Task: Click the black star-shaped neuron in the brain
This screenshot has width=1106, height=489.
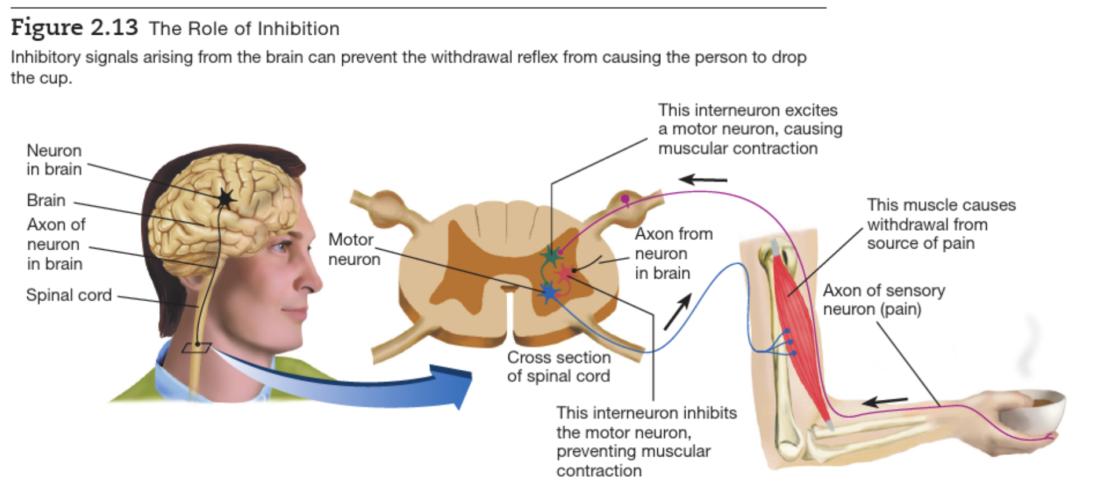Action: point(225,199)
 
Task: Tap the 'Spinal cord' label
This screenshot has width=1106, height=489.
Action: point(69,295)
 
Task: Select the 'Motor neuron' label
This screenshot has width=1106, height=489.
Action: point(354,249)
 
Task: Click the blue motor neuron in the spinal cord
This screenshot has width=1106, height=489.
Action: point(548,293)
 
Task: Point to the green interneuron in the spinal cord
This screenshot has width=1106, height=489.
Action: point(551,255)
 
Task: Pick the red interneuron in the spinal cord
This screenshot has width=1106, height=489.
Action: point(565,272)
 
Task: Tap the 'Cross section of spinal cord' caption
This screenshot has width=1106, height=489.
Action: point(558,367)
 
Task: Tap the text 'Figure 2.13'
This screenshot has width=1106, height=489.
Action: point(74,27)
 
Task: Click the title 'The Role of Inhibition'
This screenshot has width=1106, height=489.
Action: point(244,28)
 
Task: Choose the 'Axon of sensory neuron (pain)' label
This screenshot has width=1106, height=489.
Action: point(884,300)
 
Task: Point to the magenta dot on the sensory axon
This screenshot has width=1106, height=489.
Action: point(625,199)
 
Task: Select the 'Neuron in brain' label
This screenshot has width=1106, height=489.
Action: point(54,160)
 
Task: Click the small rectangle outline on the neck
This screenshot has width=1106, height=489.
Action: point(196,348)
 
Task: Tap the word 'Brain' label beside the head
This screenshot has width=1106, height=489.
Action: point(46,200)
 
